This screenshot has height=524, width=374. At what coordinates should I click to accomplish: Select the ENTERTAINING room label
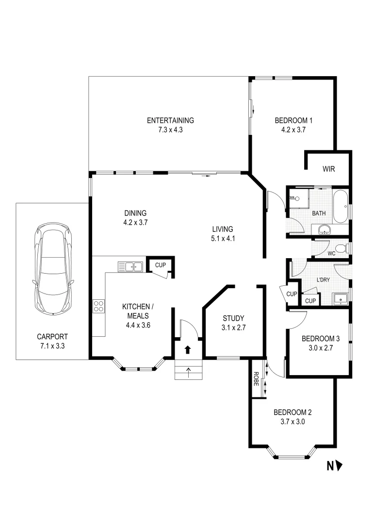coord(170,120)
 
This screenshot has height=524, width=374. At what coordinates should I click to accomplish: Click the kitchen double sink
coord(130,266)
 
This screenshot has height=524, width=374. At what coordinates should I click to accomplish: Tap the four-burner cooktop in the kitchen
coord(98,306)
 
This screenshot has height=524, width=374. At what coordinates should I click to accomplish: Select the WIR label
coord(329,169)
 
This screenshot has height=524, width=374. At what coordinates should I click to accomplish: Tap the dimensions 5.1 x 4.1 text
coord(223,238)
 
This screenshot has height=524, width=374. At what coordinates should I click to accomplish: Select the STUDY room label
coord(234,318)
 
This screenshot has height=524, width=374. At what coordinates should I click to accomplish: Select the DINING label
coord(135,213)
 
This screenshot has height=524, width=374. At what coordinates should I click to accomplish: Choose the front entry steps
coord(188,372)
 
